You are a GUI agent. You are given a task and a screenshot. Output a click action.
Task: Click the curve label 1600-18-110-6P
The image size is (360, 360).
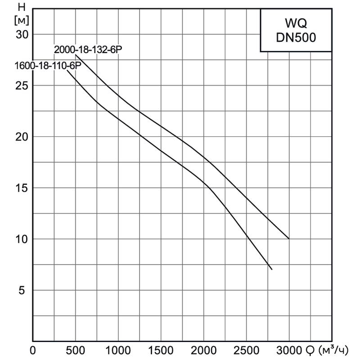click(x=47, y=66)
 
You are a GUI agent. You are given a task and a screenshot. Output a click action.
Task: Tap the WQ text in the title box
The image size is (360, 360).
click(x=296, y=22)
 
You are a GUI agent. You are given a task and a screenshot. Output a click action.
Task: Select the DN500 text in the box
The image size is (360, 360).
click(x=296, y=38)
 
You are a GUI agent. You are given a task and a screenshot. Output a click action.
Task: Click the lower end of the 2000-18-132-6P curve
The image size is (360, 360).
click(x=289, y=239)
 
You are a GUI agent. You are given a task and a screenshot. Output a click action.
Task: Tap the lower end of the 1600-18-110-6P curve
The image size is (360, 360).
click(x=272, y=269)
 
